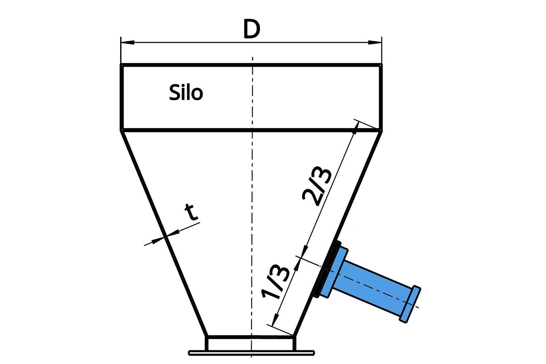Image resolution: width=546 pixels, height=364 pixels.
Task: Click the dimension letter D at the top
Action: pyautogui.click(x=251, y=30)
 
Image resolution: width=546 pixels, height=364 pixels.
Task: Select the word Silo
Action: pyautogui.click(x=186, y=93)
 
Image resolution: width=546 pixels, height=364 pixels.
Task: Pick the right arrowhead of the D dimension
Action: pyautogui.click(x=375, y=42)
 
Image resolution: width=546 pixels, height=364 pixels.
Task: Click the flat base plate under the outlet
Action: pyautogui.click(x=251, y=353)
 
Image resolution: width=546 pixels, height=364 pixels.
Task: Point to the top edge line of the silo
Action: pyautogui.click(x=251, y=65)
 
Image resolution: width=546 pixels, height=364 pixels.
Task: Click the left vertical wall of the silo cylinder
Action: pyautogui.click(x=122, y=97)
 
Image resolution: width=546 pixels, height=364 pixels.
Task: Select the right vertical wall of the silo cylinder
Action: pyautogui.click(x=380, y=97)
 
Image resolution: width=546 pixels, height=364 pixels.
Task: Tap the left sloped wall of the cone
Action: pyautogui.click(x=164, y=233)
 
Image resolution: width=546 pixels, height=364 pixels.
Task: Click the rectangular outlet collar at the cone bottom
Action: pyautogui.click(x=251, y=343)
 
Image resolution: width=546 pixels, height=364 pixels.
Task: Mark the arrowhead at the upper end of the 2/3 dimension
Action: pyautogui.click(x=356, y=127)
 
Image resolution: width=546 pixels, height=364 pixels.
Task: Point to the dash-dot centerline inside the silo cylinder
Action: pyautogui.click(x=252, y=97)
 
